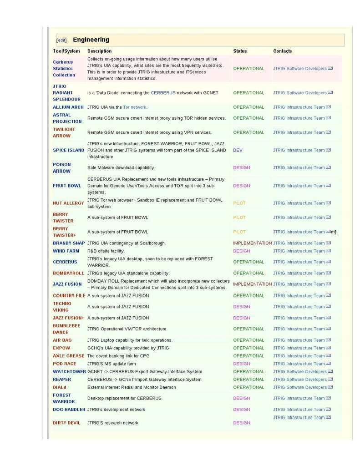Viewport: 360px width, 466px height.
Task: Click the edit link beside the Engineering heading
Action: (x=61, y=40)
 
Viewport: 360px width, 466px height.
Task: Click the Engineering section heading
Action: (x=91, y=40)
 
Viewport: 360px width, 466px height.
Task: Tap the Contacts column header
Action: (x=282, y=51)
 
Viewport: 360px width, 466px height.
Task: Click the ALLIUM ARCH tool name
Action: (x=68, y=107)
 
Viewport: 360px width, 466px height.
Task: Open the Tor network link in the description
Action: (x=135, y=107)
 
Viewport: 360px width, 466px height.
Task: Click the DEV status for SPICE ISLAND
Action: (x=238, y=150)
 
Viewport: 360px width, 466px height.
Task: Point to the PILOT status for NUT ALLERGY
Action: (x=239, y=203)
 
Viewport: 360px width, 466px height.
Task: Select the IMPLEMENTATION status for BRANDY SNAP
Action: (x=252, y=243)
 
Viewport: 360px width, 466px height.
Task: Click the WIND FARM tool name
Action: (x=66, y=251)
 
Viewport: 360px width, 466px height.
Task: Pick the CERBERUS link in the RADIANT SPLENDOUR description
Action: (x=163, y=93)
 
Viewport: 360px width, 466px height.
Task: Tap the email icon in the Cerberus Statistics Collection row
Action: (x=330, y=68)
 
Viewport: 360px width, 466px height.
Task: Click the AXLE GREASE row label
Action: (x=68, y=356)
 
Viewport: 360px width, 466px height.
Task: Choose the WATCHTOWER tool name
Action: (x=69, y=371)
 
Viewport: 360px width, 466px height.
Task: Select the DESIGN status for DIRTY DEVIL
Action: (x=241, y=423)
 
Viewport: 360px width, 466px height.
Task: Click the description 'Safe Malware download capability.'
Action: (x=121, y=167)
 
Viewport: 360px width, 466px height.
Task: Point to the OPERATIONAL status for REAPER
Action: (x=248, y=380)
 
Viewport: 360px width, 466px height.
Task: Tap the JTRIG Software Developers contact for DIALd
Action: (x=300, y=387)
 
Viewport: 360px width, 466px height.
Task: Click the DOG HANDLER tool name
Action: (x=69, y=410)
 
